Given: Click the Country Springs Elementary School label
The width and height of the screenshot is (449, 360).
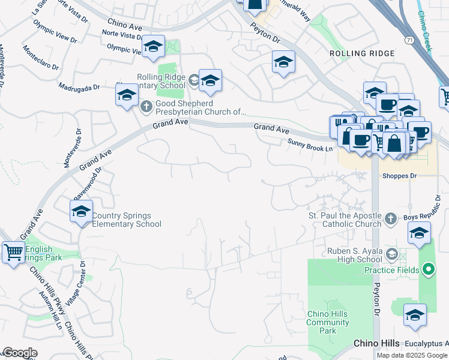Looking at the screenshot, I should tap(127, 220).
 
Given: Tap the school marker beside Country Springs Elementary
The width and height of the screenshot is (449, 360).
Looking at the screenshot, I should tap(81, 211).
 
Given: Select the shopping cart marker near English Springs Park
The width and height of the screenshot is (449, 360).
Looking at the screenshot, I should tap(13, 251).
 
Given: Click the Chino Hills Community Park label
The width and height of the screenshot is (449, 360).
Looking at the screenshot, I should tap(328, 322).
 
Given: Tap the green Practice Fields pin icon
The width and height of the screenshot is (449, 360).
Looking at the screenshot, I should tap(428, 270).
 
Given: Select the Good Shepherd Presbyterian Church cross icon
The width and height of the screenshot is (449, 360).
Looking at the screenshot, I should tap(146, 107).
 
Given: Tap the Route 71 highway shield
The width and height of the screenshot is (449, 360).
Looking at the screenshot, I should tap(408, 39).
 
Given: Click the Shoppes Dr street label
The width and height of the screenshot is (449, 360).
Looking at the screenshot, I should tap(400, 176).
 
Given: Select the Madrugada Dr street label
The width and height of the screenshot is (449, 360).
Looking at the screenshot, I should tap(79, 87).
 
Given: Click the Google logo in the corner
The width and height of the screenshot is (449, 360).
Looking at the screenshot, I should tap(20, 353).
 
